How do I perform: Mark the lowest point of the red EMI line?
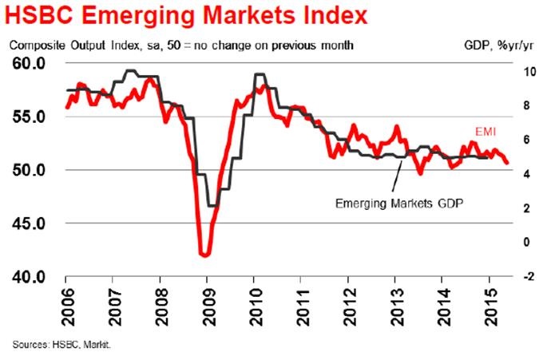(x=205, y=255)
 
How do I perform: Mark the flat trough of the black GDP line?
(x=212, y=205)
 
